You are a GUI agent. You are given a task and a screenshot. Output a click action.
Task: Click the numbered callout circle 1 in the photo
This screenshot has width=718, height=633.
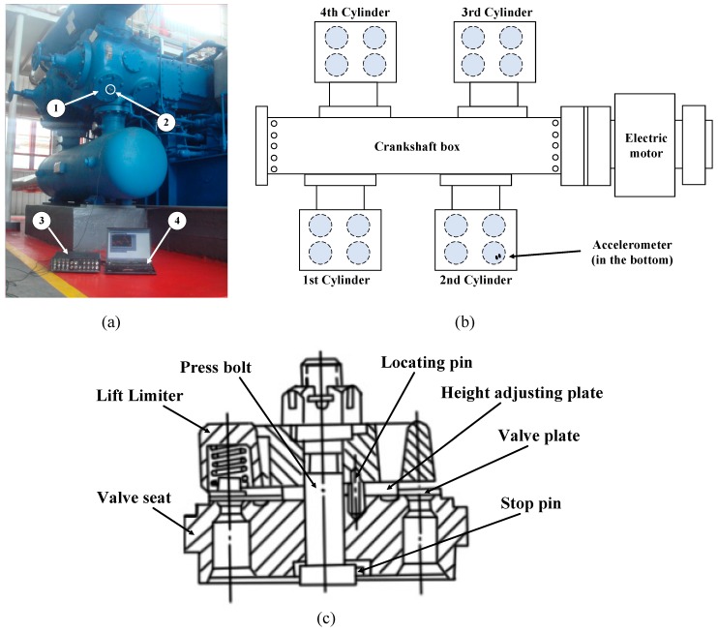pyautogui.click(x=58, y=108)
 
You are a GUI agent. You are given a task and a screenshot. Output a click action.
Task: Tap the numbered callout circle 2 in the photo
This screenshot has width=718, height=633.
pyautogui.click(x=165, y=123)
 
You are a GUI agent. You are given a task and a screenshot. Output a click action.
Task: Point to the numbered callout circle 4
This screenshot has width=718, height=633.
pyautogui.click(x=178, y=222)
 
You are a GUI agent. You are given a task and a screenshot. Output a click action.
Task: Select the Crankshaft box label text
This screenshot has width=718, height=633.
pyautogui.click(x=415, y=146)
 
